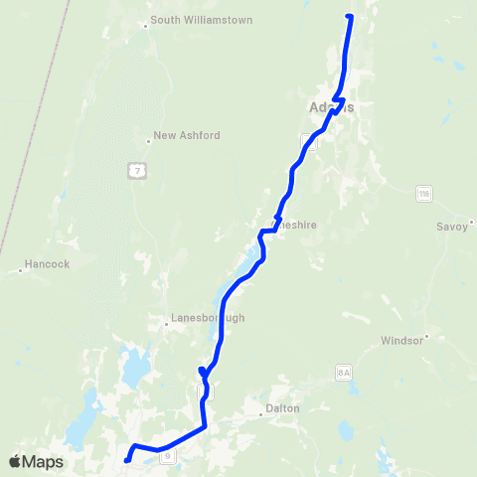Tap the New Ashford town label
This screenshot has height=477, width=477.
[187, 135]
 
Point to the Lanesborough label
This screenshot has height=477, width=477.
[208, 319]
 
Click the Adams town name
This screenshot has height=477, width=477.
[331, 107]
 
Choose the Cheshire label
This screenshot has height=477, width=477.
[298, 226]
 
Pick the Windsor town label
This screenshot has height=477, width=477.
[402, 340]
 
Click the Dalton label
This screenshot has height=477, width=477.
[283, 408]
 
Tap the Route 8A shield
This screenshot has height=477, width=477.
[345, 372]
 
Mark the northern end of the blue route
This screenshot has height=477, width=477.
[349, 16]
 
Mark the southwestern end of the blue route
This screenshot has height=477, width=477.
[126, 460]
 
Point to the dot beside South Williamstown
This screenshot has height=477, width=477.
[146, 26]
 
